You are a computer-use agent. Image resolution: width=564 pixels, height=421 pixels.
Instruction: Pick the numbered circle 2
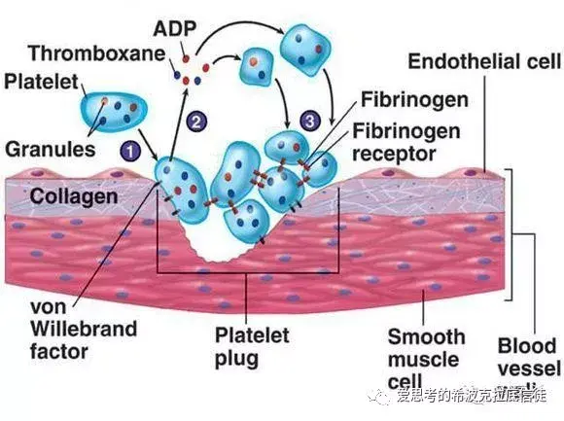pos(197,122)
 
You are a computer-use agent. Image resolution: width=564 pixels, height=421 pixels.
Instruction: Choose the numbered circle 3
pos(309,121)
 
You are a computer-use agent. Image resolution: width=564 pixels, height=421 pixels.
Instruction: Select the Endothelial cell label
pos(484,61)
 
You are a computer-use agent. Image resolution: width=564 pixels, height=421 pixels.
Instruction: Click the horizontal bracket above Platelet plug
pos(248,272)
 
